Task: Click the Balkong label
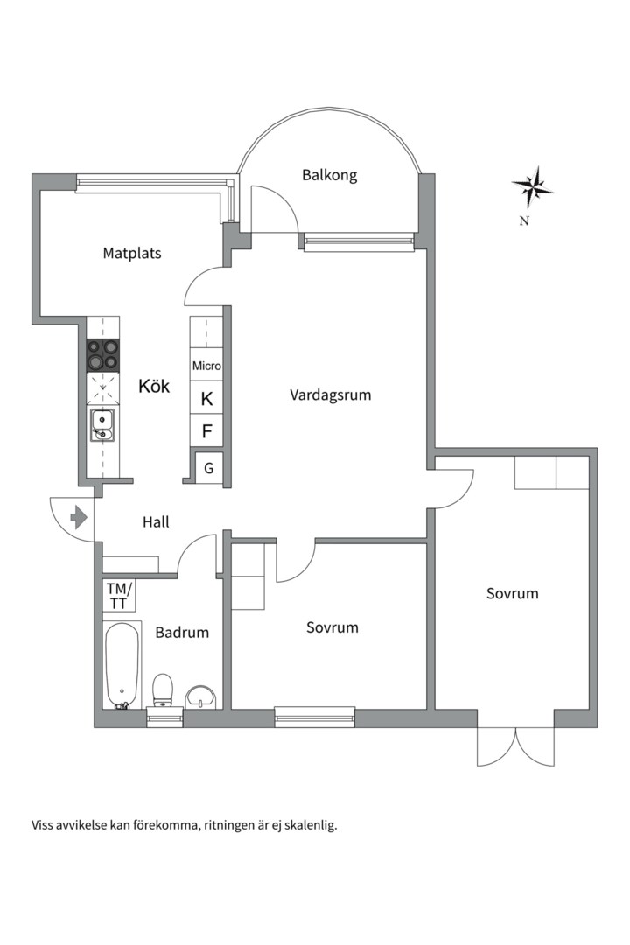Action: coord(329,175)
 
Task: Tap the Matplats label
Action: coord(132,253)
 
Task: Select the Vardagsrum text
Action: coord(331,395)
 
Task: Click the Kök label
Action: coord(154,386)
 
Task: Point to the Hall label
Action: coord(156,521)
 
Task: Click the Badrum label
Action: coord(182,633)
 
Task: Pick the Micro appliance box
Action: coord(206,365)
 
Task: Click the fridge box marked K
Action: coord(206,398)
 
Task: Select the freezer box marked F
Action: coord(206,430)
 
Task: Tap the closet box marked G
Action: coord(208,467)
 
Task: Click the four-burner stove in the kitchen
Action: coord(102,355)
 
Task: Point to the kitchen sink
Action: coord(102,425)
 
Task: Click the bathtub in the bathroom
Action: coord(122,665)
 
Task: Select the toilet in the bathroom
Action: coord(162,690)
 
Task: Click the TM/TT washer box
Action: coord(119,596)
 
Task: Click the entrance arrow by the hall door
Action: coord(79,518)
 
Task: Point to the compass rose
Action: coord(533,187)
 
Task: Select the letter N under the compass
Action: coord(524,220)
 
